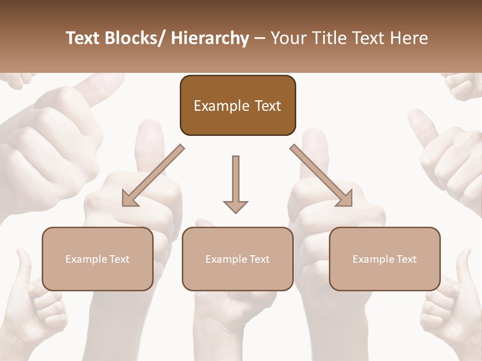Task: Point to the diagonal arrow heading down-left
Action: tap(153, 175)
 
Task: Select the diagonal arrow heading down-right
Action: tap(321, 175)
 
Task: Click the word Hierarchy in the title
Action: tap(209, 38)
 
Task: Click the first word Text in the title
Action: tap(83, 38)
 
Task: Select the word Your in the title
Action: tap(288, 38)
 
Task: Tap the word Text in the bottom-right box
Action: tap(406, 259)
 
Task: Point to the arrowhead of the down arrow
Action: tap(235, 206)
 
